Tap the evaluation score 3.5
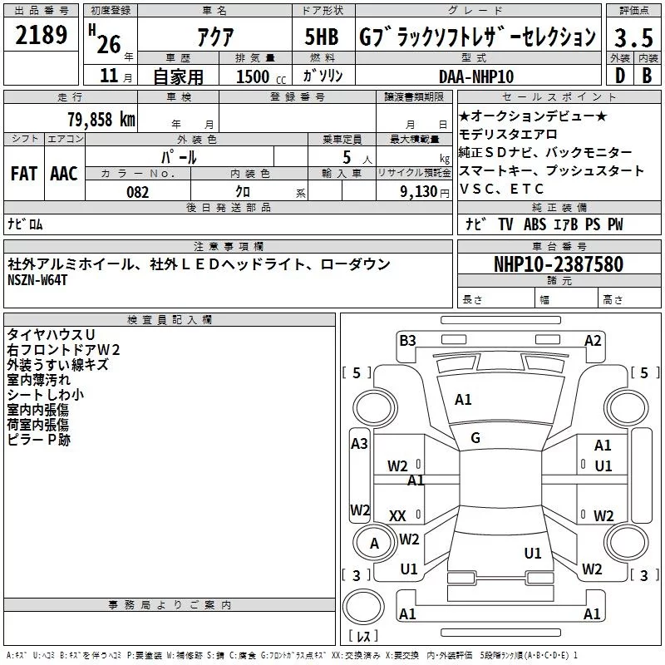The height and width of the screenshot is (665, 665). point(633,37)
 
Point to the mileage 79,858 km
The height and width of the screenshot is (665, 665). point(101,120)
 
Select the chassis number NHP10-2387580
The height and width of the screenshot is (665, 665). point(558,264)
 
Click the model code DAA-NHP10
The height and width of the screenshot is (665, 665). point(476,76)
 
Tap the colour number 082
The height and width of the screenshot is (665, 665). point(137,192)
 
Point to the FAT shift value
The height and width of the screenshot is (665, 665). point(24,173)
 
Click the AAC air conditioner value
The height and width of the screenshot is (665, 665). point(64,173)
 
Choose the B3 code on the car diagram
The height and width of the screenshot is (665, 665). point(407,340)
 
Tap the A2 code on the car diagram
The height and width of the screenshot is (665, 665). point(592,340)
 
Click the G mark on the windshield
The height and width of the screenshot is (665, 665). point(475,438)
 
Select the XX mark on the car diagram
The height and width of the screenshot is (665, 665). point(397,516)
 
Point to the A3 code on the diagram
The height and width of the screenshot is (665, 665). point(359,444)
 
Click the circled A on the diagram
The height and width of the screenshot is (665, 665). point(374,544)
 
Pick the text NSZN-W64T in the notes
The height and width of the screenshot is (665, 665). point(37,280)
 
